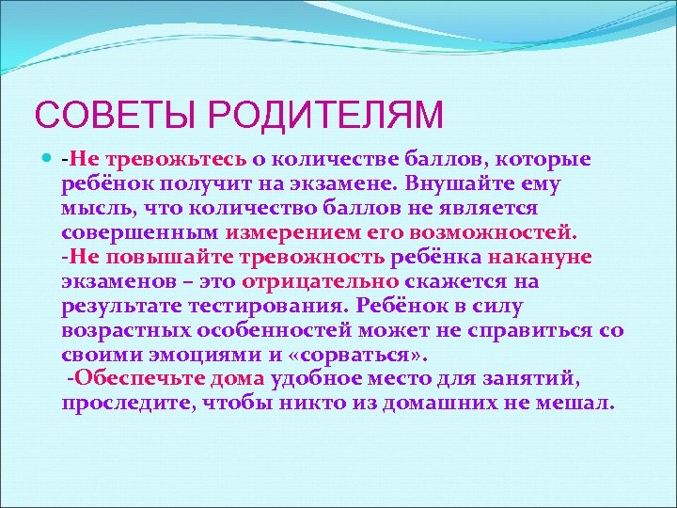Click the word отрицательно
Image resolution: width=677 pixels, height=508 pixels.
(322, 281)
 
